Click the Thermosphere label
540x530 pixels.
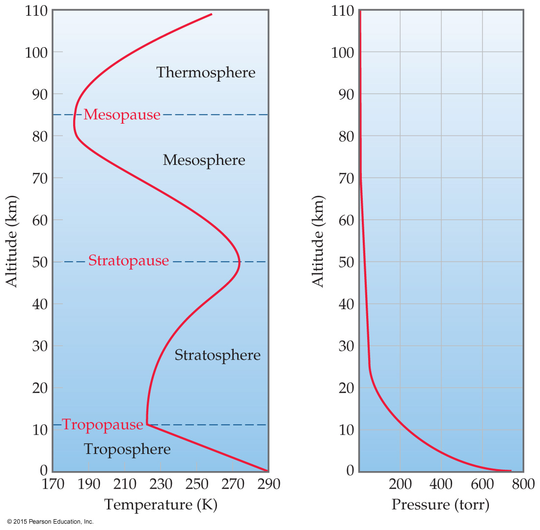[206, 73]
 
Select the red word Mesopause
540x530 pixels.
[122, 115]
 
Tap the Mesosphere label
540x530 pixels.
[204, 160]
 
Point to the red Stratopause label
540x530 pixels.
[129, 261]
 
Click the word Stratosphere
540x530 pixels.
[217, 355]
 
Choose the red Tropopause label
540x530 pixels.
[103, 424]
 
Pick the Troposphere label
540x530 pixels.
[127, 449]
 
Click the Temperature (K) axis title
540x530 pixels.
[161, 504]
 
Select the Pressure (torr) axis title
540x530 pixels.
[440, 504]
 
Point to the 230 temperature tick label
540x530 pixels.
[161, 484]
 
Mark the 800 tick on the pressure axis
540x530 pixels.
[523, 484]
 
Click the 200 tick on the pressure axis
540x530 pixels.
[400, 484]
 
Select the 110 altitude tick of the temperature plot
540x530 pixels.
[36, 11]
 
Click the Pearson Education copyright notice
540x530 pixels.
[50, 522]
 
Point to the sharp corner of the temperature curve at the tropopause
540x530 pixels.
[147, 424]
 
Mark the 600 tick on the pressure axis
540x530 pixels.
[482, 484]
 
